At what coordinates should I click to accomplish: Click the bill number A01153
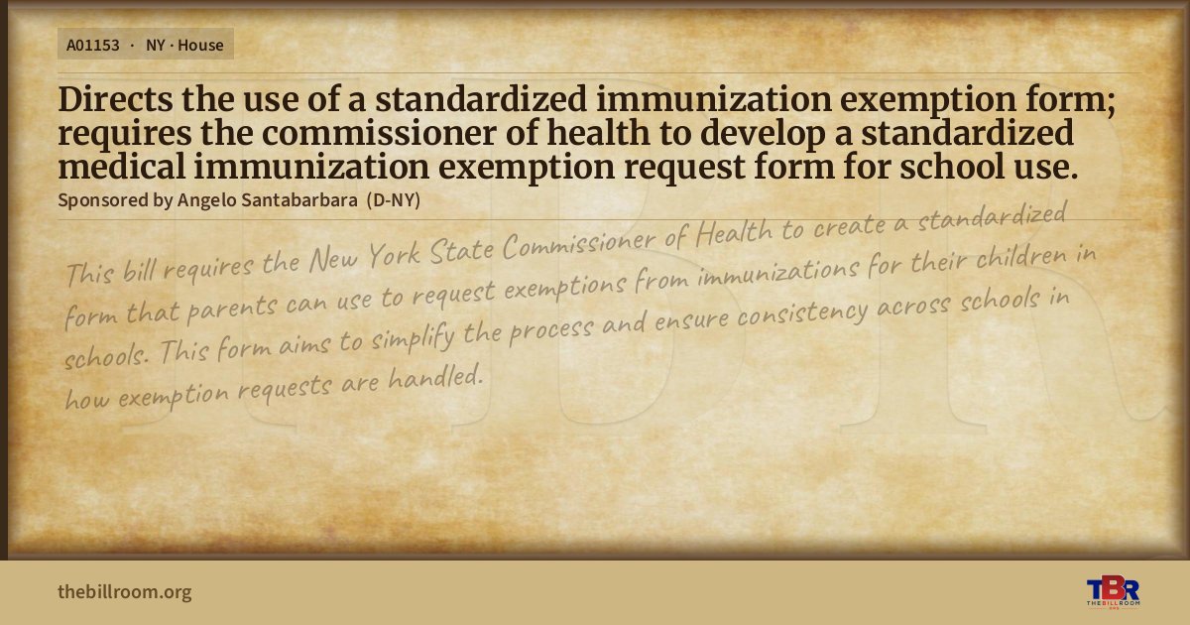pyautogui.click(x=93, y=46)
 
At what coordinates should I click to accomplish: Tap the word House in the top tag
pyautogui.click(x=200, y=46)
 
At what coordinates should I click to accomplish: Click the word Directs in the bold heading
pyautogui.click(x=115, y=99)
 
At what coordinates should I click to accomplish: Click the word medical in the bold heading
pyautogui.click(x=122, y=167)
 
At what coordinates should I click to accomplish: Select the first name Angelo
pyautogui.click(x=206, y=200)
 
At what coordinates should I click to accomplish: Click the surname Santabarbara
pyautogui.click(x=299, y=200)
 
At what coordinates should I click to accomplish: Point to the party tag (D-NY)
pyautogui.click(x=393, y=200)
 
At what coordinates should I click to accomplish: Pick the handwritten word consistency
pyautogui.click(x=802, y=313)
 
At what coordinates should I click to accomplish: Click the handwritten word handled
pyautogui.click(x=435, y=377)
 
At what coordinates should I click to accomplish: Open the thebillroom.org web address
pyautogui.click(x=124, y=591)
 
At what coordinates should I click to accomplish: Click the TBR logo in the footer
pyautogui.click(x=1113, y=591)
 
